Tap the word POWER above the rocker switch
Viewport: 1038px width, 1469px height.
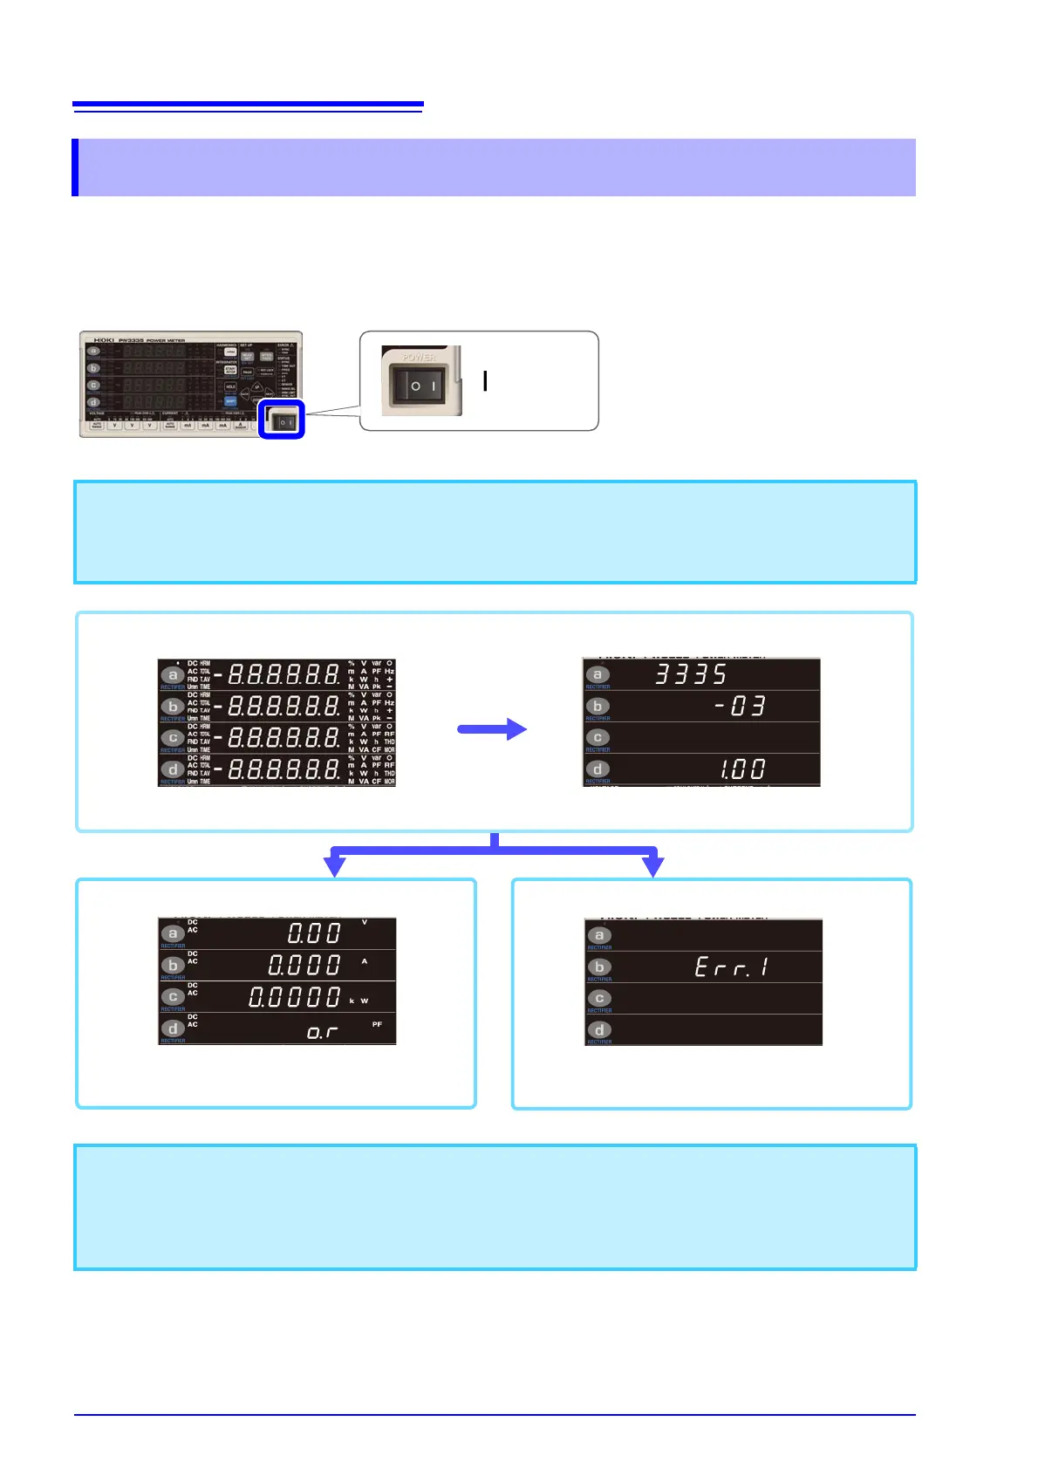pyautogui.click(x=419, y=357)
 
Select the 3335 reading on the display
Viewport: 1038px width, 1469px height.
pyautogui.click(x=691, y=674)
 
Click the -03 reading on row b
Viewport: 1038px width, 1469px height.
pyautogui.click(x=740, y=706)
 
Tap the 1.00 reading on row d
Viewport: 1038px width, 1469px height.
pyautogui.click(x=742, y=769)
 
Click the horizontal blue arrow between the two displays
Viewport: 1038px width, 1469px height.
pyautogui.click(x=492, y=730)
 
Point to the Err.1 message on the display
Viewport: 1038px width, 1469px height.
pyautogui.click(x=731, y=967)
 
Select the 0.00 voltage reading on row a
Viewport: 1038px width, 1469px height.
pyautogui.click(x=315, y=933)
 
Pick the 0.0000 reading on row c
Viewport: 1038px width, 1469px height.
pyautogui.click(x=295, y=996)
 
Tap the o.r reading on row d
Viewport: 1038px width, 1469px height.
pyautogui.click(x=322, y=1032)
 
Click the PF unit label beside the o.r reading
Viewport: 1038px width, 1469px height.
pyautogui.click(x=377, y=1024)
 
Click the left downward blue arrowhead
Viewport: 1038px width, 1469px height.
pyautogui.click(x=335, y=866)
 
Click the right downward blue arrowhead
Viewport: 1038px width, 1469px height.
pyautogui.click(x=652, y=866)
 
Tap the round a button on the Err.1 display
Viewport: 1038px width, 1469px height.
pyautogui.click(x=598, y=936)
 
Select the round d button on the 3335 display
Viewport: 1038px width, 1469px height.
pyautogui.click(x=598, y=769)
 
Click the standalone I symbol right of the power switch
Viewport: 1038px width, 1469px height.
pyautogui.click(x=485, y=381)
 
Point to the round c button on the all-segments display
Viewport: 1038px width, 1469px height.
pyautogui.click(x=173, y=738)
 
